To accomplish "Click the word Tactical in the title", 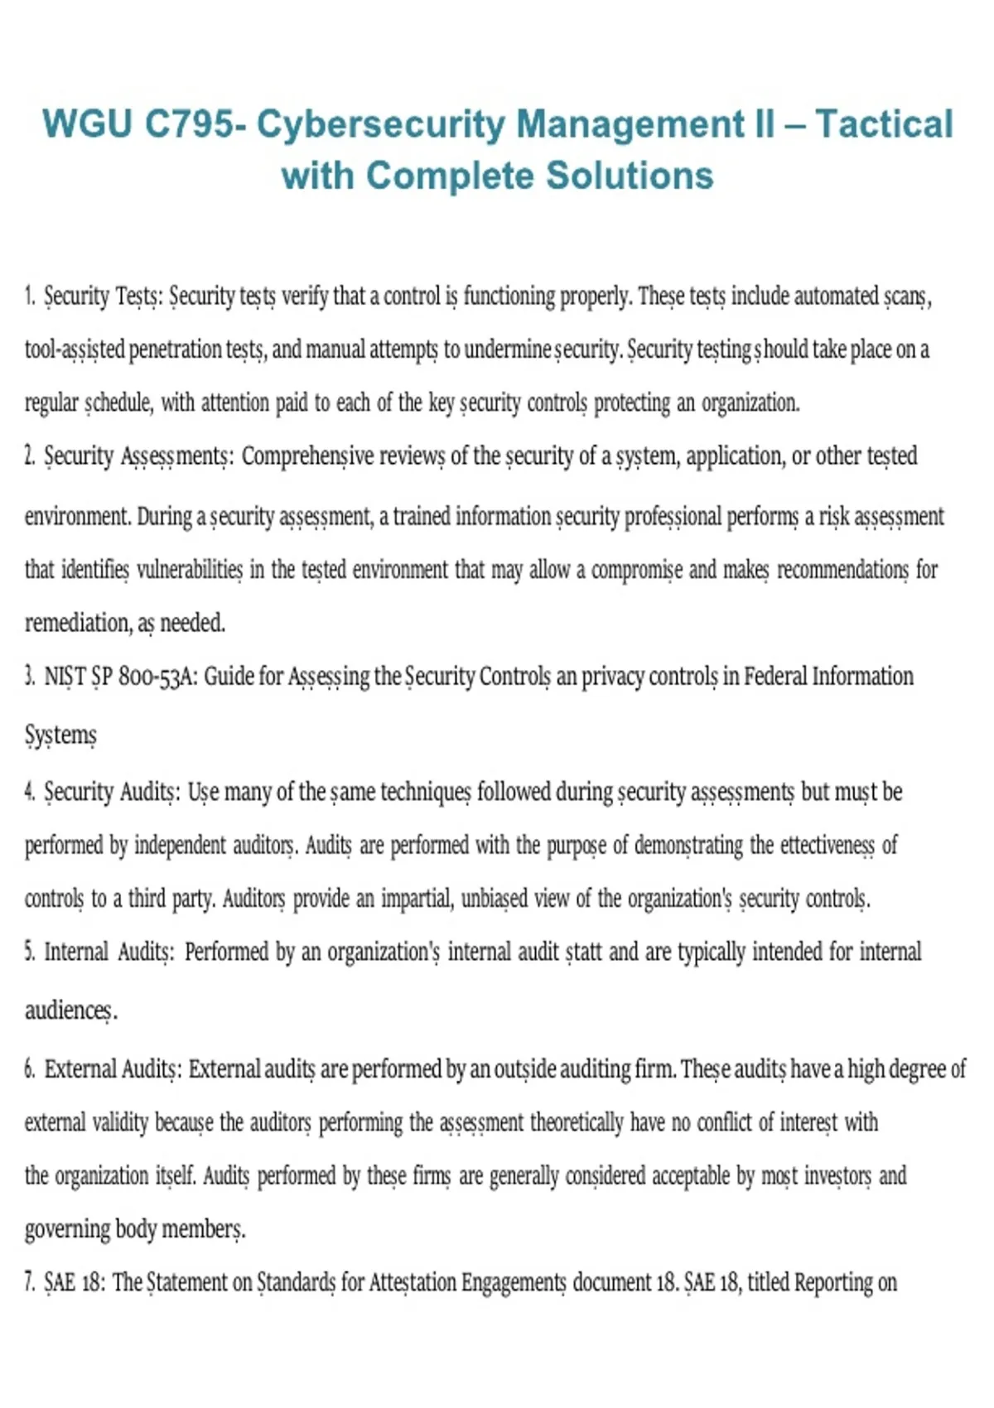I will [884, 124].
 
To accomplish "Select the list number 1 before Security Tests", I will [29, 296].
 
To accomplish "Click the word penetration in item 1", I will [176, 350].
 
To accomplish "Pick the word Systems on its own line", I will [60, 735].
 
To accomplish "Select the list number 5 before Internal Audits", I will [29, 952].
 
